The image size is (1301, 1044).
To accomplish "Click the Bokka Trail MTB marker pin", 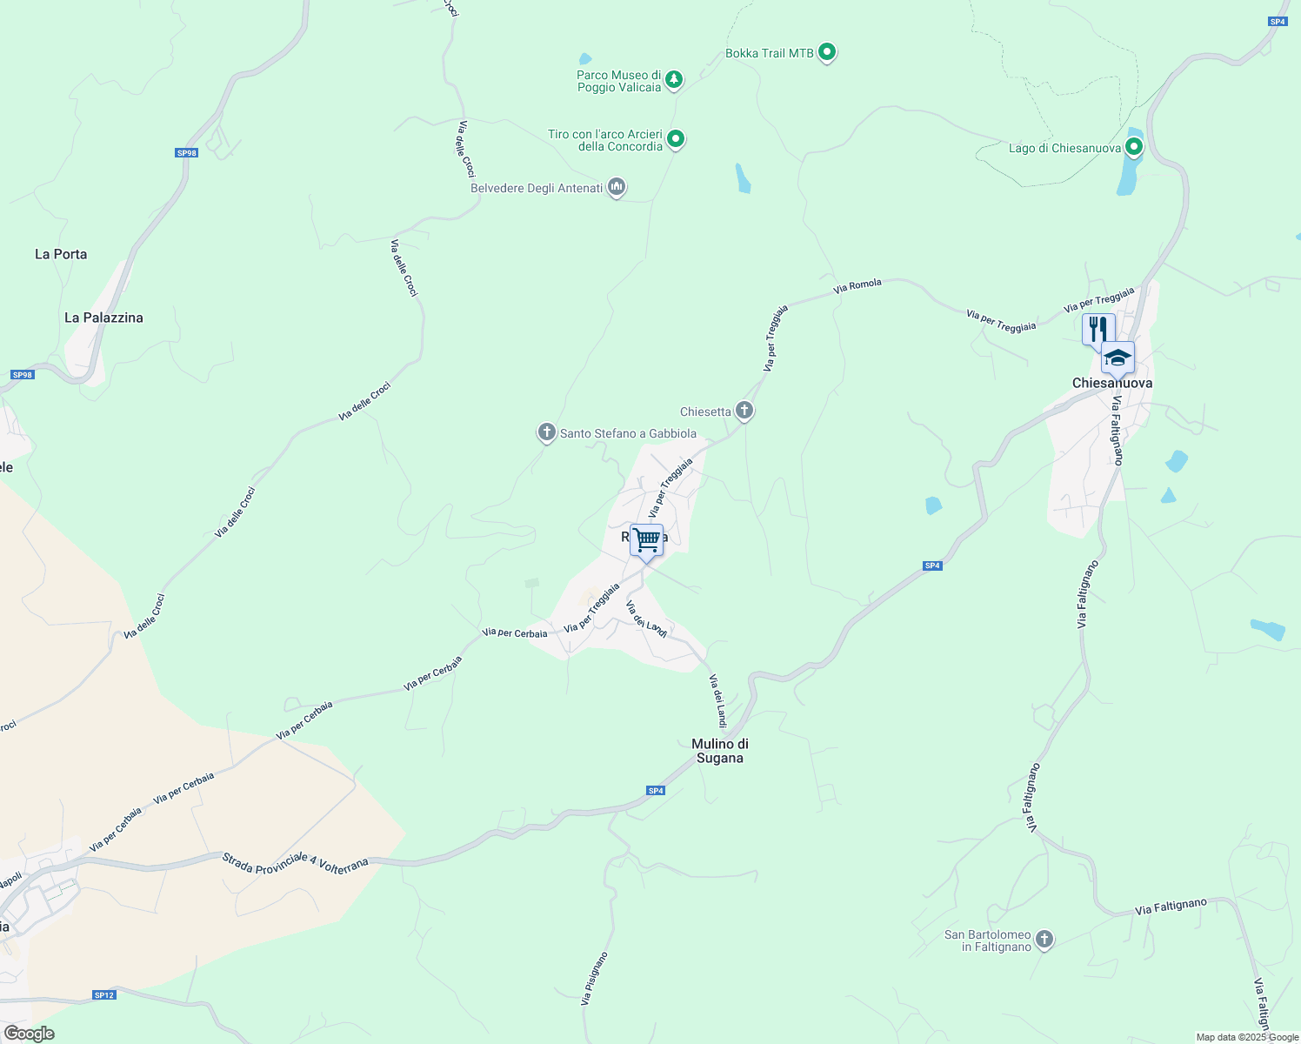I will pos(827,52).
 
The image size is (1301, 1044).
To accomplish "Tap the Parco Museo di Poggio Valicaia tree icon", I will pos(674,81).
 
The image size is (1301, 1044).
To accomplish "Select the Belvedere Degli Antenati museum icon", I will pos(617,187).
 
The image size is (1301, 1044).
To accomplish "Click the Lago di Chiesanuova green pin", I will pos(1133,147).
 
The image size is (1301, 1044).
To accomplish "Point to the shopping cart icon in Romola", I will pos(646,540).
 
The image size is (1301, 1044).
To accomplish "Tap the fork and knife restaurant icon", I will pos(1098,329).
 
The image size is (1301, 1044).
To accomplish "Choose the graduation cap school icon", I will pos(1118,358).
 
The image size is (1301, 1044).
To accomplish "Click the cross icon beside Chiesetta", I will pos(744,410).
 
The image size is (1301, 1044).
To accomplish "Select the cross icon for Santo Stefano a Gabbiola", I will pos(546,432).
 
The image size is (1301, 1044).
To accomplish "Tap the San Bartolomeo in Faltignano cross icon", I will pos(1044,939).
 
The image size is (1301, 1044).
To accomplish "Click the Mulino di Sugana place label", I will pos(720,751).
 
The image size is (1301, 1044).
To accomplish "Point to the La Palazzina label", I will pos(103,318).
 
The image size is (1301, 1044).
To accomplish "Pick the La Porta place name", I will pos(61,254).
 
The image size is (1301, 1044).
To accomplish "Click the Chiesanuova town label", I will pos(1112,384).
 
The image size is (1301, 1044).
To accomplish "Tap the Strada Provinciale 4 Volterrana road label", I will pos(295,862).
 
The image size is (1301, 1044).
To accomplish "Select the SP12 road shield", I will pos(103,994).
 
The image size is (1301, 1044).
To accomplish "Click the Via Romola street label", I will pos(857,285).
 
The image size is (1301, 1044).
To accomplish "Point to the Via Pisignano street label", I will pos(595,979).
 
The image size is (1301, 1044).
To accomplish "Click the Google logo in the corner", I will pos(30,1034).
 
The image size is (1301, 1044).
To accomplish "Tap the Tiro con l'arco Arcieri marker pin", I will pos(676,138).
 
